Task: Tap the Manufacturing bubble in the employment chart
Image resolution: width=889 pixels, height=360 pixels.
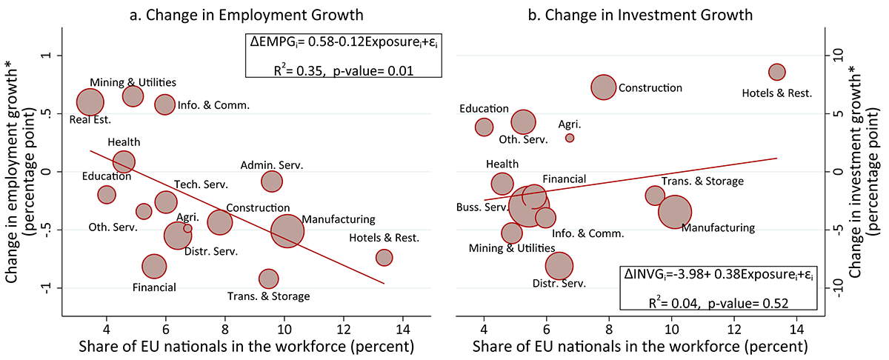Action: coord(287,230)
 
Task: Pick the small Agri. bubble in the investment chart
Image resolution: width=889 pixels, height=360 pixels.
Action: coord(570,138)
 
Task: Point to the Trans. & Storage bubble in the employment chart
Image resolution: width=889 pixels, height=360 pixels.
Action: coord(268,279)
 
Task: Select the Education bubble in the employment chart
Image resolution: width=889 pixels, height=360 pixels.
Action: coord(107,195)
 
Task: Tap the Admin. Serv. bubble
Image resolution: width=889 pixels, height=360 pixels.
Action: coord(272,181)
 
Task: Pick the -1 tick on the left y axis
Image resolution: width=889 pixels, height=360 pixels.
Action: coord(48,287)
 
